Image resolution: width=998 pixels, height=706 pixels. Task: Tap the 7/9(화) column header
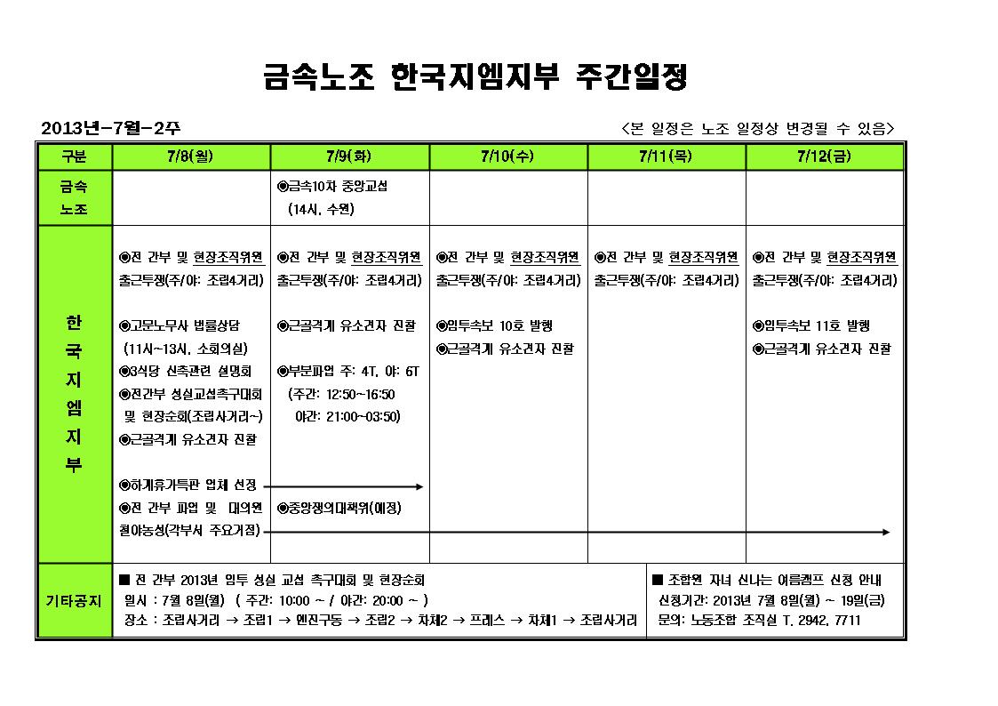349,156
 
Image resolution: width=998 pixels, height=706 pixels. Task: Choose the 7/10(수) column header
507,156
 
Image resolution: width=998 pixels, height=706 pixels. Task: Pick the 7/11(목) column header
666,156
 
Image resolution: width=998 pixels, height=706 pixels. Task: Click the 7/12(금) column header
825,156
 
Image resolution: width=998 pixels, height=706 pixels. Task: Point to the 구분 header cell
75,156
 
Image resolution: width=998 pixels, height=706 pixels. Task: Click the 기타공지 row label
75,600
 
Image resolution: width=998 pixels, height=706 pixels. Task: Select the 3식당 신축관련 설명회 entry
186,371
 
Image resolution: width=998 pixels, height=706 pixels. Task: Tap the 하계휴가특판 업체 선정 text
188,485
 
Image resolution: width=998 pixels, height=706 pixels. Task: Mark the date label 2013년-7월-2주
111,129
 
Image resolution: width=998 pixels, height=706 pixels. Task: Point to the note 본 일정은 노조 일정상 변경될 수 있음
757,129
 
